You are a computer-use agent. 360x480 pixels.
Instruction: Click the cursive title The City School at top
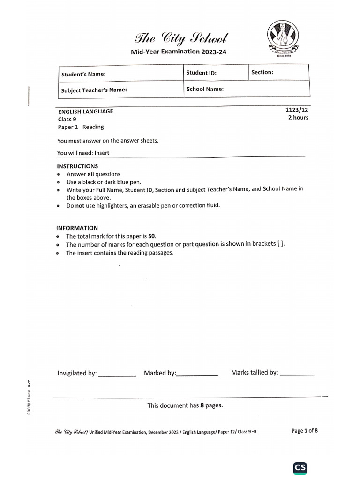tap(175, 38)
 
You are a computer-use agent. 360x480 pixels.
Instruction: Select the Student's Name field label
tap(83, 74)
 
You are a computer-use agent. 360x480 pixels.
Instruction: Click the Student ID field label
tap(202, 73)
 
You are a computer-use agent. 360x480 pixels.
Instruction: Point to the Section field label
tap(262, 72)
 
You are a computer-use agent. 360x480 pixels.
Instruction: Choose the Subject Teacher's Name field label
tap(94, 90)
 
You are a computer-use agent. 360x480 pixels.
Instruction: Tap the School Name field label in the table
tap(205, 89)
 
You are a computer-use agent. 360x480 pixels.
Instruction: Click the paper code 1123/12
tap(297, 110)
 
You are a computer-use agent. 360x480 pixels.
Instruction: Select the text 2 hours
tap(298, 118)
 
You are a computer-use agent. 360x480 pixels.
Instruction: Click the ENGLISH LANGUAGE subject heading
tap(85, 112)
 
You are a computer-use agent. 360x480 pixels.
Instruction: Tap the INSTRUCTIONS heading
tap(77, 166)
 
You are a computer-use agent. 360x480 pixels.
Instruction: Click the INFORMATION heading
tap(77, 228)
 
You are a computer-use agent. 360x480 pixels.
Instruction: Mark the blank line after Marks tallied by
tap(297, 375)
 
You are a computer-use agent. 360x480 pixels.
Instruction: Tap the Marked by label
tap(160, 373)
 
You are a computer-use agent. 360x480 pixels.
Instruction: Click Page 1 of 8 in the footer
tap(305, 431)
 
